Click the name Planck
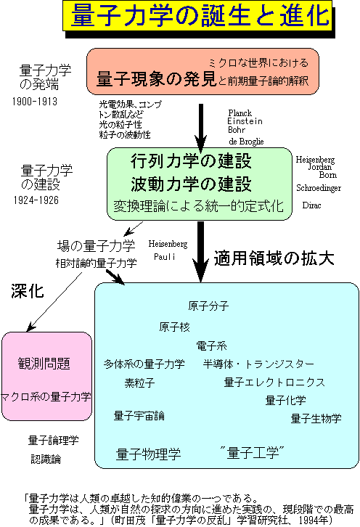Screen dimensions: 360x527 click(240, 113)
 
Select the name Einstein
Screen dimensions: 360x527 click(245, 121)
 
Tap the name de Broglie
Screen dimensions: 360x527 click(246, 142)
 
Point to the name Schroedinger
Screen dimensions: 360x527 click(319, 188)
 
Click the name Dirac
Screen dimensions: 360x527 click(311, 205)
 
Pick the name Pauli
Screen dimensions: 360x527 click(164, 257)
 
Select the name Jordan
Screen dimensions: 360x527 click(320, 167)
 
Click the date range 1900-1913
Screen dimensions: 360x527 click(35, 102)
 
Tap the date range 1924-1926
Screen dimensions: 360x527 click(36, 200)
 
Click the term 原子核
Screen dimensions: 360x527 click(174, 327)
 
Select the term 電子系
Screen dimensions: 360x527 click(211, 346)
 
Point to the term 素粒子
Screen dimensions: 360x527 click(139, 383)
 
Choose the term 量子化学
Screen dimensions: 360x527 click(286, 400)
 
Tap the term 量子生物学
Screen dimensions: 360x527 click(316, 418)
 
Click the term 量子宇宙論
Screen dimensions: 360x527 click(139, 416)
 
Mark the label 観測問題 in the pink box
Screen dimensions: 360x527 click(44, 364)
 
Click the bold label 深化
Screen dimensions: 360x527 click(28, 291)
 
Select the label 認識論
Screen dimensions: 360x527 click(46, 459)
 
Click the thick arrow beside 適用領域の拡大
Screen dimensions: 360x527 click(200, 251)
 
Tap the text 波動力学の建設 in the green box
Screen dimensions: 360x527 click(191, 184)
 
